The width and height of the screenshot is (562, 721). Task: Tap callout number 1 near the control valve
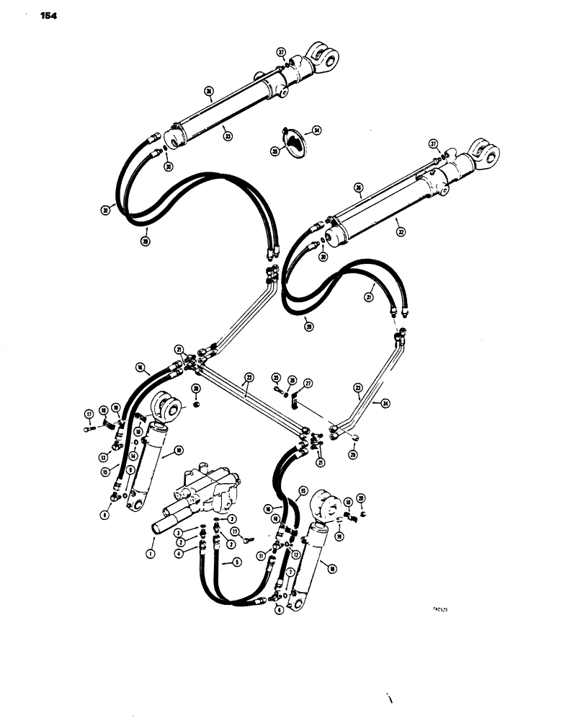tap(150, 553)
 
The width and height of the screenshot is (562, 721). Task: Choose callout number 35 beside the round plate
tap(275, 151)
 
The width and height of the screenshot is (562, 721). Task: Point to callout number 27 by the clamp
tap(308, 384)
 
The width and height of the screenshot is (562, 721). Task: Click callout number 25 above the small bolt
tap(276, 376)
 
